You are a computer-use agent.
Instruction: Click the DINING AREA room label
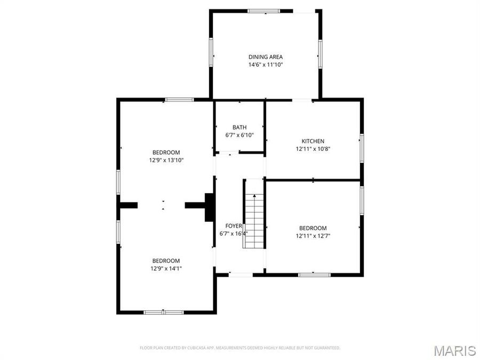coord(265,57)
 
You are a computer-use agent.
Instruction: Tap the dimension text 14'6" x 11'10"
coord(265,65)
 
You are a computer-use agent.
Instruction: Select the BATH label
coord(239,127)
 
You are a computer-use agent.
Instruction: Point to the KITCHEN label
coord(313,141)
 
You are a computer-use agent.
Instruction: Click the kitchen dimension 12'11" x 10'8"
coord(313,149)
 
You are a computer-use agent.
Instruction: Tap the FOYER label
coord(233,226)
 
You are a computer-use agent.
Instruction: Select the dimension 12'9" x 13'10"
coord(166,160)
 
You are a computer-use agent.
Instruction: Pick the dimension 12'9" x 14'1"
coord(166,269)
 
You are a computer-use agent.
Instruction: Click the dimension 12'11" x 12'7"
coord(313,236)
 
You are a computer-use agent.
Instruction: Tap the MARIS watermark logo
coord(454,350)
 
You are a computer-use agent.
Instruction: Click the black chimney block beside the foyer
coord(209,207)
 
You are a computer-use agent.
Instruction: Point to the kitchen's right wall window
coord(362,148)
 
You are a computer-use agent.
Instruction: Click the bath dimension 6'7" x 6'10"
coord(239,135)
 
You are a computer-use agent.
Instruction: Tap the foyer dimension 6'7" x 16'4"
coord(234,234)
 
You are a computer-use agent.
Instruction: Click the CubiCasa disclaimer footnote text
coord(240,348)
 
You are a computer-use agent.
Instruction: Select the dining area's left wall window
coord(211,52)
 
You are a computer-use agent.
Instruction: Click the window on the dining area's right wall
coord(320,54)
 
